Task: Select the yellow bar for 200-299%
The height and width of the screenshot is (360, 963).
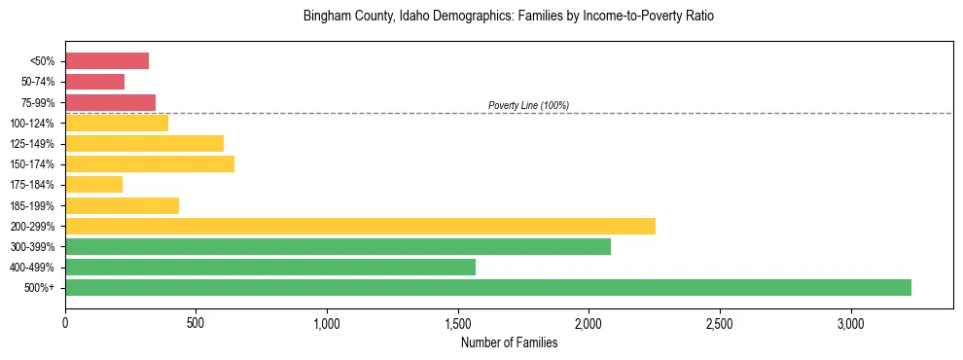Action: click(360, 226)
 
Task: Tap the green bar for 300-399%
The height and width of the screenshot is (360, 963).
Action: click(338, 246)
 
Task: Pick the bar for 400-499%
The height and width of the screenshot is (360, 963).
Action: click(270, 267)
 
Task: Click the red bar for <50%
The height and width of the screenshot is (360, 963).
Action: click(107, 61)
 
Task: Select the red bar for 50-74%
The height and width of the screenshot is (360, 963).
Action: click(95, 82)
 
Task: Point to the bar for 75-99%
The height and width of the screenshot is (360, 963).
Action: click(110, 102)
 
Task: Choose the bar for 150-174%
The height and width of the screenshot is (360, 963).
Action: click(150, 163)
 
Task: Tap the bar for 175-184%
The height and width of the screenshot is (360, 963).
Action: click(93, 184)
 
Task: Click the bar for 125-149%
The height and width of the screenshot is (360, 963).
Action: click(144, 143)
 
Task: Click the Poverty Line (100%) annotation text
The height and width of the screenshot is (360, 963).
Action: click(528, 105)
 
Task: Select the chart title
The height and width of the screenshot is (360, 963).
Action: click(509, 17)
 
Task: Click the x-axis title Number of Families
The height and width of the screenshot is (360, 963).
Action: click(509, 342)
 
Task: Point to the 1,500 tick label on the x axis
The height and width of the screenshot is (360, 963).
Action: click(458, 323)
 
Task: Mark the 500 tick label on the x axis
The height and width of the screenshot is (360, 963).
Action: click(196, 323)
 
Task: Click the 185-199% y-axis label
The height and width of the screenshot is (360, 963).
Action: click(32, 205)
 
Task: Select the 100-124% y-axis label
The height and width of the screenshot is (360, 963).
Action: click(32, 124)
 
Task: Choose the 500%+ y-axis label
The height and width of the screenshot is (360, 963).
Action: click(39, 288)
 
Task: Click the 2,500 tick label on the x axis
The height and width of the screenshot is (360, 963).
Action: click(720, 323)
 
